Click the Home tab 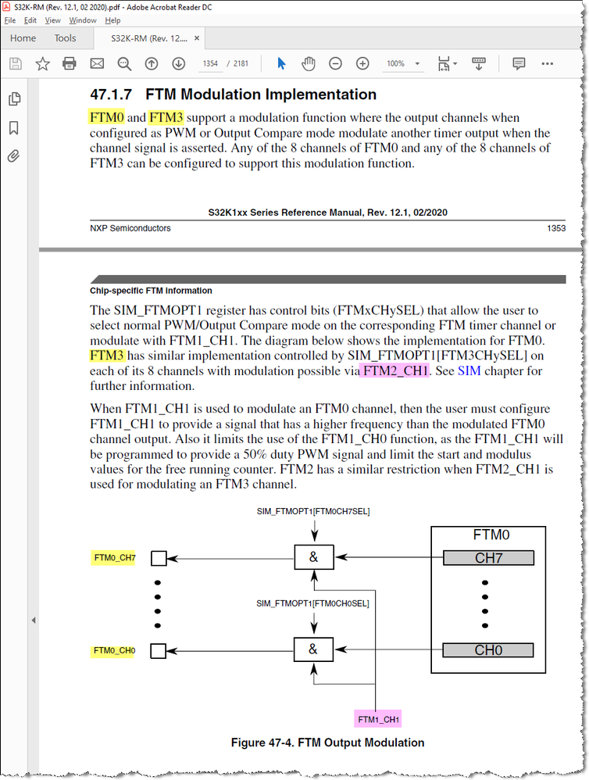click(23, 38)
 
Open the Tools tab click(65, 38)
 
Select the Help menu click(112, 20)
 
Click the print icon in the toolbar click(69, 63)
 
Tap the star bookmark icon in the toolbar click(41, 63)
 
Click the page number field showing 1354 click(210, 63)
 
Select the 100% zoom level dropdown click(403, 63)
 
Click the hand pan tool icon click(309, 63)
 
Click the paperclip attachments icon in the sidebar click(13, 156)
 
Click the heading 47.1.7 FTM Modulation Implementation click(233, 95)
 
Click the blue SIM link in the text click(469, 370)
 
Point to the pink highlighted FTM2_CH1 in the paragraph click(395, 370)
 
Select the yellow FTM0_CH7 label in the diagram click(114, 558)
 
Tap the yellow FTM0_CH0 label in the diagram click(114, 650)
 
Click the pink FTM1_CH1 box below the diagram click(378, 718)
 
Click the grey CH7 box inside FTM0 click(488, 558)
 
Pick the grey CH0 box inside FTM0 click(488, 650)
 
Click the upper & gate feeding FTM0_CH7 click(313, 558)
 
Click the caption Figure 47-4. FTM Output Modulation click(327, 742)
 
